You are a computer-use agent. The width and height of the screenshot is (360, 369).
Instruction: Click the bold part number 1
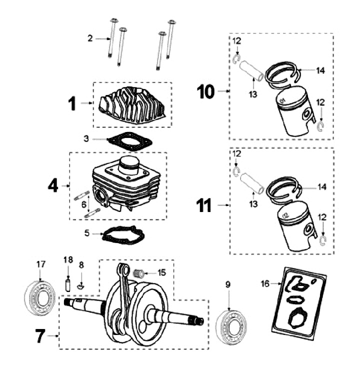(x=72, y=103)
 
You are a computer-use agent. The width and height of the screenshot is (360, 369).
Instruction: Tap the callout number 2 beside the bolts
(x=90, y=38)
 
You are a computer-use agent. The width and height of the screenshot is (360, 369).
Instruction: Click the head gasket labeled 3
(x=129, y=141)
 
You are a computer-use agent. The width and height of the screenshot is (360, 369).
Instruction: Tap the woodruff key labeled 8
(x=82, y=286)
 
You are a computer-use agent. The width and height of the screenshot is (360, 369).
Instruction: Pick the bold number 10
(x=205, y=91)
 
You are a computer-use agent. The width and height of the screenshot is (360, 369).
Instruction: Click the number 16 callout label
(x=264, y=283)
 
